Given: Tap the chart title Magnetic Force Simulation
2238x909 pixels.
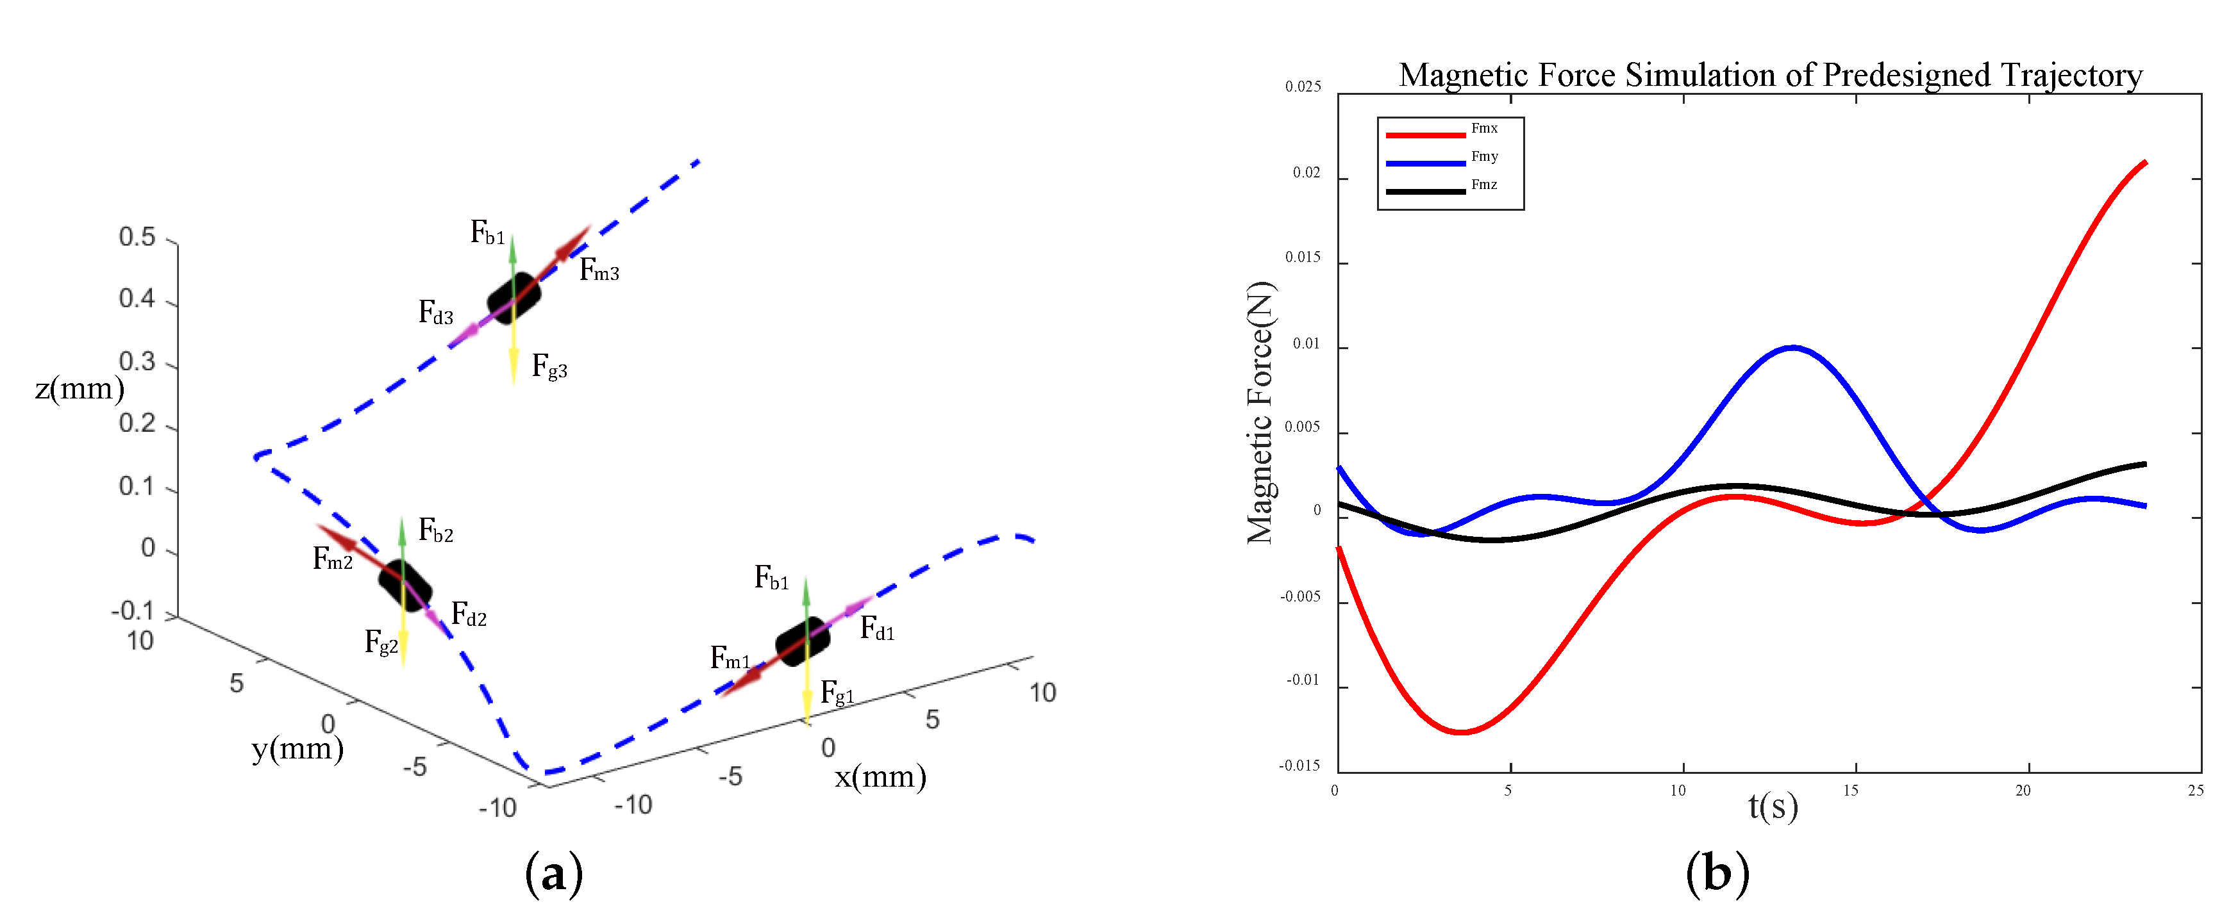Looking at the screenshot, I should coord(1770,76).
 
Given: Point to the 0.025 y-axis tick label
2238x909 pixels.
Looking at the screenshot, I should coord(1302,87).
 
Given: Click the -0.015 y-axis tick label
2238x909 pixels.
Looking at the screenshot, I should coord(1299,766).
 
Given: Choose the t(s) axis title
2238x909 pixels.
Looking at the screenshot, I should coord(1773,807).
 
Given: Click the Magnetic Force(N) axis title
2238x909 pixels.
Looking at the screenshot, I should coord(1260,413).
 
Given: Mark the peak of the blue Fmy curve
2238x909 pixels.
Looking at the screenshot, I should coord(1792,347).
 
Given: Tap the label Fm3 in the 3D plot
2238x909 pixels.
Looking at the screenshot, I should coord(599,271).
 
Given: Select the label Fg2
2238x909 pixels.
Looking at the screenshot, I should coord(381,643).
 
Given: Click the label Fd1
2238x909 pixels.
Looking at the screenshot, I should coord(876,628).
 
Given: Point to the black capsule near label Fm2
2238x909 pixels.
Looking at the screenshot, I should coord(405,584).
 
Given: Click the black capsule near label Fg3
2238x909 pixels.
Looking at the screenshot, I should coord(514,298).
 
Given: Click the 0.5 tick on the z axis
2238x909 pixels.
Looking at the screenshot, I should coord(137,237).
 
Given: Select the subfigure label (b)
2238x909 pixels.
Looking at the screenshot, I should coord(1717,872).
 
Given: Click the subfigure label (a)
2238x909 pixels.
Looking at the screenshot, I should coord(553,873).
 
